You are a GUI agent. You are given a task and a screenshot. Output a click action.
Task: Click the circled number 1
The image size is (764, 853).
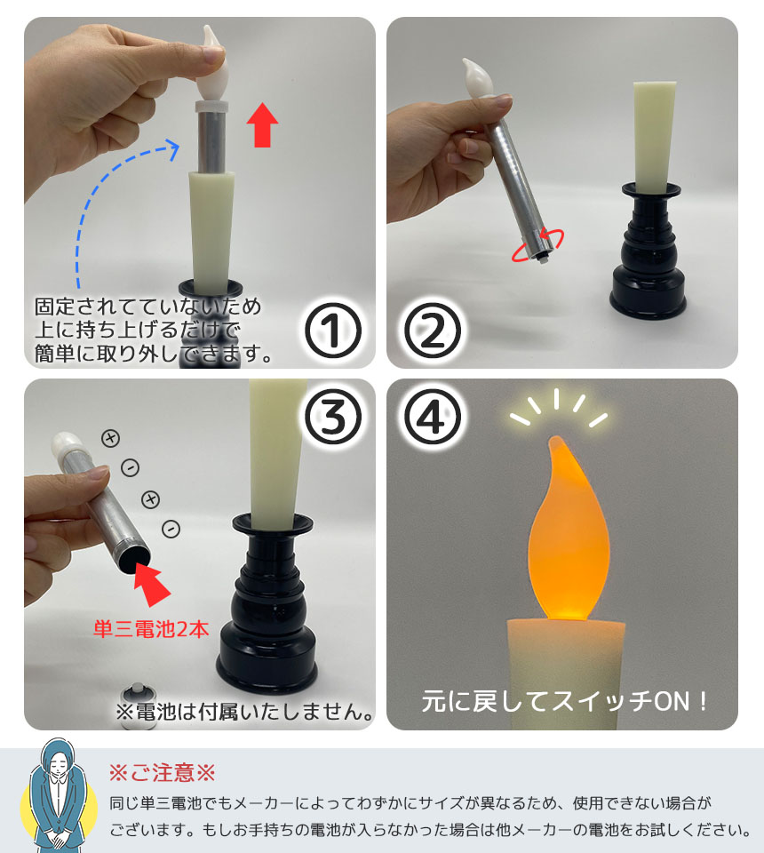pos(333,331)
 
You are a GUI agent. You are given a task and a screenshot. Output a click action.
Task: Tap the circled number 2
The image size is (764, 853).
pos(433,331)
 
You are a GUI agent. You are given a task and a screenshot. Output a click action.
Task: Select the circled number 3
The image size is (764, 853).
pos(333,417)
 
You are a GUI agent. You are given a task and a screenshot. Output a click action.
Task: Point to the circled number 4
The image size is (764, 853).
pos(433,417)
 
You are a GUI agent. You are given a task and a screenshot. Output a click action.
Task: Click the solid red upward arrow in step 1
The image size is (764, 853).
pos(262,124)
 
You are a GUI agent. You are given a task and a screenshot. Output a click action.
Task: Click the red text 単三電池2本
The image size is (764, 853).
pos(151,629)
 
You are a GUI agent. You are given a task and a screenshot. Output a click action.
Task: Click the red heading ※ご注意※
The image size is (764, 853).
pos(162,772)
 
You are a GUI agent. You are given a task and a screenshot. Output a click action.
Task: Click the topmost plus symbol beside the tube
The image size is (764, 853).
pos(110,438)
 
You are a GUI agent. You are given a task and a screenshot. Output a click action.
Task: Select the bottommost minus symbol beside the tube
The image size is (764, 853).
pos(171,528)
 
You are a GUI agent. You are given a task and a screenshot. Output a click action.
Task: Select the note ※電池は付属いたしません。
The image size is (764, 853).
pos(246,712)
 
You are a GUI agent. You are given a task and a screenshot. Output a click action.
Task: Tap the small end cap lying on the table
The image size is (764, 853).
pos(136,702)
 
